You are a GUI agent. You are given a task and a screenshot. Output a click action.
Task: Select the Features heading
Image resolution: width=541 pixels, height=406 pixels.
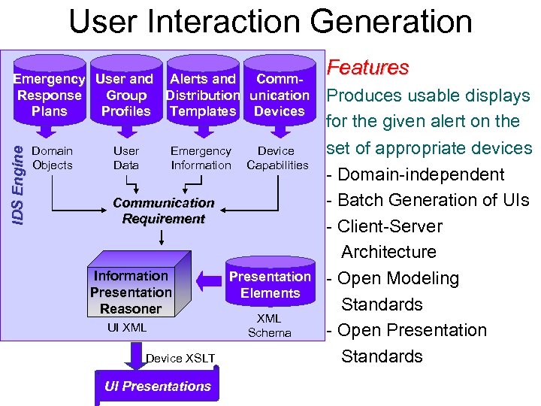coord(368,68)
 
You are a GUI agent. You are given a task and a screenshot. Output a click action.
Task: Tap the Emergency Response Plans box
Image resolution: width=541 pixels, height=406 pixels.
coord(50,95)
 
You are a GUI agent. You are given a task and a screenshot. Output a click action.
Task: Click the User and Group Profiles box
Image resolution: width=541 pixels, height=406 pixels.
coord(125,95)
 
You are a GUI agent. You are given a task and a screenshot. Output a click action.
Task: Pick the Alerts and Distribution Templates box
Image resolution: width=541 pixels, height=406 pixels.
coord(202,95)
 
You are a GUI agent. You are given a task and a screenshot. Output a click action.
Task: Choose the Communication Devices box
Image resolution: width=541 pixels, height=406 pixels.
coord(280,95)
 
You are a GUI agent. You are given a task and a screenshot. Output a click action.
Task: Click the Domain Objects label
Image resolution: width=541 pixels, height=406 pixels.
coord(53,158)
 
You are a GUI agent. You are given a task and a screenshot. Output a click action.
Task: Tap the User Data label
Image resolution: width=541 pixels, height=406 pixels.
coord(126,158)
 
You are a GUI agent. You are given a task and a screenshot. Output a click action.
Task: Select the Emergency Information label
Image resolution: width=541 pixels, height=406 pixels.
coord(201,158)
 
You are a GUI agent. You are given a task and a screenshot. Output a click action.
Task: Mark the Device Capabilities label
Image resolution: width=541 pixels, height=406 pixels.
coord(277,158)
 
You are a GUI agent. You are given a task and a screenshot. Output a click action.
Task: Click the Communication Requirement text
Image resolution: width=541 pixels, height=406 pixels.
coord(163,211)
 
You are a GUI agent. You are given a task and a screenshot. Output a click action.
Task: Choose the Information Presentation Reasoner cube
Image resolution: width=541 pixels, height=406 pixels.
coord(131,292)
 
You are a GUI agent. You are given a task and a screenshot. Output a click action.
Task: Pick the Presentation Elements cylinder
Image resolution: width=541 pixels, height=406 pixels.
coord(270,284)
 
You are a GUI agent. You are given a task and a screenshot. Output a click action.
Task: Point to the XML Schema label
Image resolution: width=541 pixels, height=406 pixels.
coord(269,326)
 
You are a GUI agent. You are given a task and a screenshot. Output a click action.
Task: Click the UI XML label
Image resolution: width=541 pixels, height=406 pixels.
coord(127,328)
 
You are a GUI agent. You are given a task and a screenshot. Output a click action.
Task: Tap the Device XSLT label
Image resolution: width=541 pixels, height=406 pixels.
coord(180,358)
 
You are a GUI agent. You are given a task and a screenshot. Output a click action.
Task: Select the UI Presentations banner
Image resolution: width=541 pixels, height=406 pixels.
coord(157,386)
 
